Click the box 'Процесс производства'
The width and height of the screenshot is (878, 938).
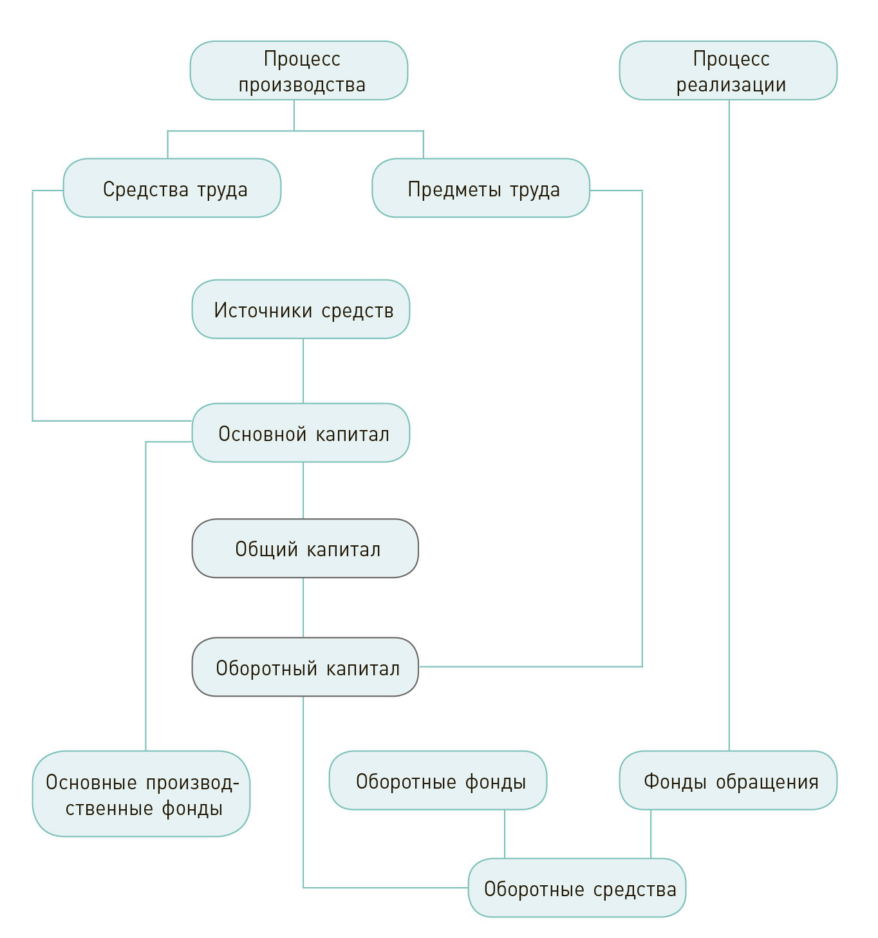point(299,71)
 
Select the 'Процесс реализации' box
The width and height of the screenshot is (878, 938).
point(728,71)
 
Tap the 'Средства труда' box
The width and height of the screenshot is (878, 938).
point(172,188)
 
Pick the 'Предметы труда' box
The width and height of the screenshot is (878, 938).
point(481,188)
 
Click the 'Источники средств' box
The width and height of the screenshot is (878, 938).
point(301,309)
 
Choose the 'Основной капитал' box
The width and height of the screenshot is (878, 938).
point(301,433)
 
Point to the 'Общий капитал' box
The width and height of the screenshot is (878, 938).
point(305,549)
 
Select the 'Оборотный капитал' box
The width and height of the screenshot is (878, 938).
point(305,667)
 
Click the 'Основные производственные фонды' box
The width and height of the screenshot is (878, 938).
point(141,794)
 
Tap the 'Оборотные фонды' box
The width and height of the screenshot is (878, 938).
point(438,780)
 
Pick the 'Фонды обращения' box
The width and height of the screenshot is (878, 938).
point(728,780)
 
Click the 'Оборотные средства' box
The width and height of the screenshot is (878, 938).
point(577,888)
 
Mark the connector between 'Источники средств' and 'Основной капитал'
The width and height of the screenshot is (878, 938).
point(303,371)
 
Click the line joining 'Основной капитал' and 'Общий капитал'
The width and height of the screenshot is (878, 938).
point(303,491)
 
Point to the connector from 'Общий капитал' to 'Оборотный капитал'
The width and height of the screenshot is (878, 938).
point(303,607)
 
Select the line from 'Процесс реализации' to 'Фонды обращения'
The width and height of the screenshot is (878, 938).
point(729,425)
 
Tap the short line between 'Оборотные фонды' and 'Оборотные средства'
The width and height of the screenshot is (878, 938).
point(505,834)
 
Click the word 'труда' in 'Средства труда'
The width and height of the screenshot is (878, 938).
point(222,190)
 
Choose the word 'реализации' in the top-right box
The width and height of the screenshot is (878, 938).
point(731,85)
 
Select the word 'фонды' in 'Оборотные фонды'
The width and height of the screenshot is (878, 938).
point(496,782)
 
